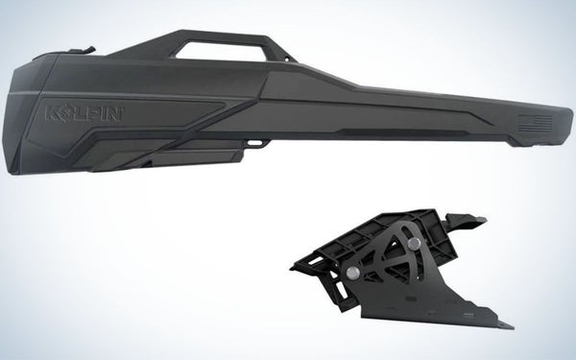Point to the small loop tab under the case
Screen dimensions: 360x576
pyautogui.click(x=257, y=145)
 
